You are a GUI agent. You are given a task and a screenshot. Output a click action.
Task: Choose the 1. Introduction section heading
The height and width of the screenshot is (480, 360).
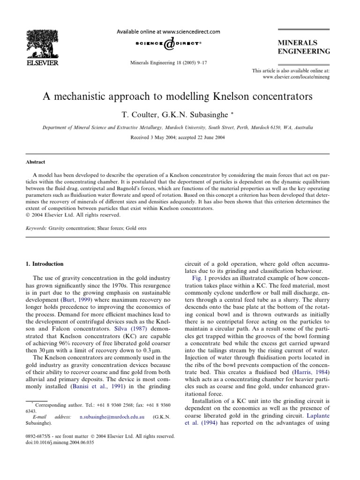45,264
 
